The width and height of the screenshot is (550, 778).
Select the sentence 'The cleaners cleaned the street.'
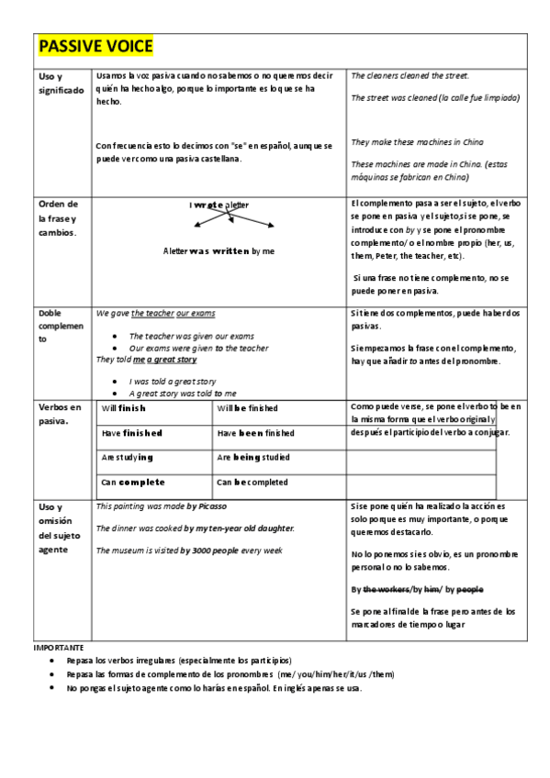click(x=410, y=75)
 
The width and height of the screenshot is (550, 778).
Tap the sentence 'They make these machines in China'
click(x=417, y=142)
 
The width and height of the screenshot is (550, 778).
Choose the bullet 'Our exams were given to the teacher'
click(x=198, y=349)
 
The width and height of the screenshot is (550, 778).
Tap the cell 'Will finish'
click(x=124, y=408)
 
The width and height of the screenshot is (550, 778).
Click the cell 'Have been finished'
click(x=255, y=433)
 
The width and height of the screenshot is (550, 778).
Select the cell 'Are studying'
click(x=128, y=457)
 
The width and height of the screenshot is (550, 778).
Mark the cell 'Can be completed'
click(x=252, y=482)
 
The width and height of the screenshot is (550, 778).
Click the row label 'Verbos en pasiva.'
click(x=61, y=414)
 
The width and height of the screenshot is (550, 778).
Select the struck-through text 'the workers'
click(x=386, y=589)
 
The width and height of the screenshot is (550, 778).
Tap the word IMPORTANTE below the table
click(x=58, y=648)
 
